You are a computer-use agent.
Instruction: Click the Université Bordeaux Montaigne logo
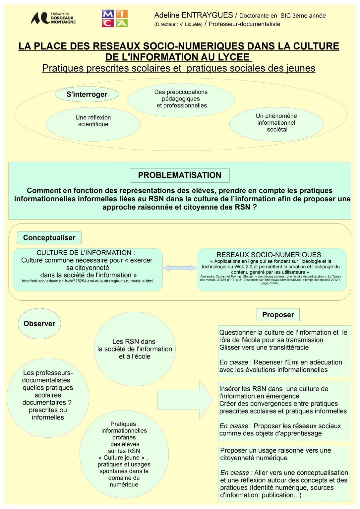[x=53, y=18]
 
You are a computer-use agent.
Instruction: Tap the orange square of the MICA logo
[x=122, y=14]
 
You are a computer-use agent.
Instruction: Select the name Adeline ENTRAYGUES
[x=194, y=15]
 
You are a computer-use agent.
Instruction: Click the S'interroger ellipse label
[x=87, y=95]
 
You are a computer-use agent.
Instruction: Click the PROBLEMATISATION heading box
[x=179, y=175]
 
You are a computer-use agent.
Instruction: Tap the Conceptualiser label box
[x=49, y=238]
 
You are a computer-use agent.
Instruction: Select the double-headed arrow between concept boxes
[x=179, y=268]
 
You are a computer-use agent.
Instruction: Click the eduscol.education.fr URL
[x=88, y=281]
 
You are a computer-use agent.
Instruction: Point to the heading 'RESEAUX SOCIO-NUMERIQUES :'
[x=270, y=255]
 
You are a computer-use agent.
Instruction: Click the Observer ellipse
[x=39, y=324]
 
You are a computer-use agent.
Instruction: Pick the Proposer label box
[x=278, y=315]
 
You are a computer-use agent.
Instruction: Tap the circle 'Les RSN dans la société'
[x=135, y=349]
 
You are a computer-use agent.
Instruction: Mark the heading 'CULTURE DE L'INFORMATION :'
[x=86, y=253]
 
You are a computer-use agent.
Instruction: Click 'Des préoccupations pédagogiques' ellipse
[x=181, y=99]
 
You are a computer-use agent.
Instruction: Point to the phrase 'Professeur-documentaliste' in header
[x=244, y=24]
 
